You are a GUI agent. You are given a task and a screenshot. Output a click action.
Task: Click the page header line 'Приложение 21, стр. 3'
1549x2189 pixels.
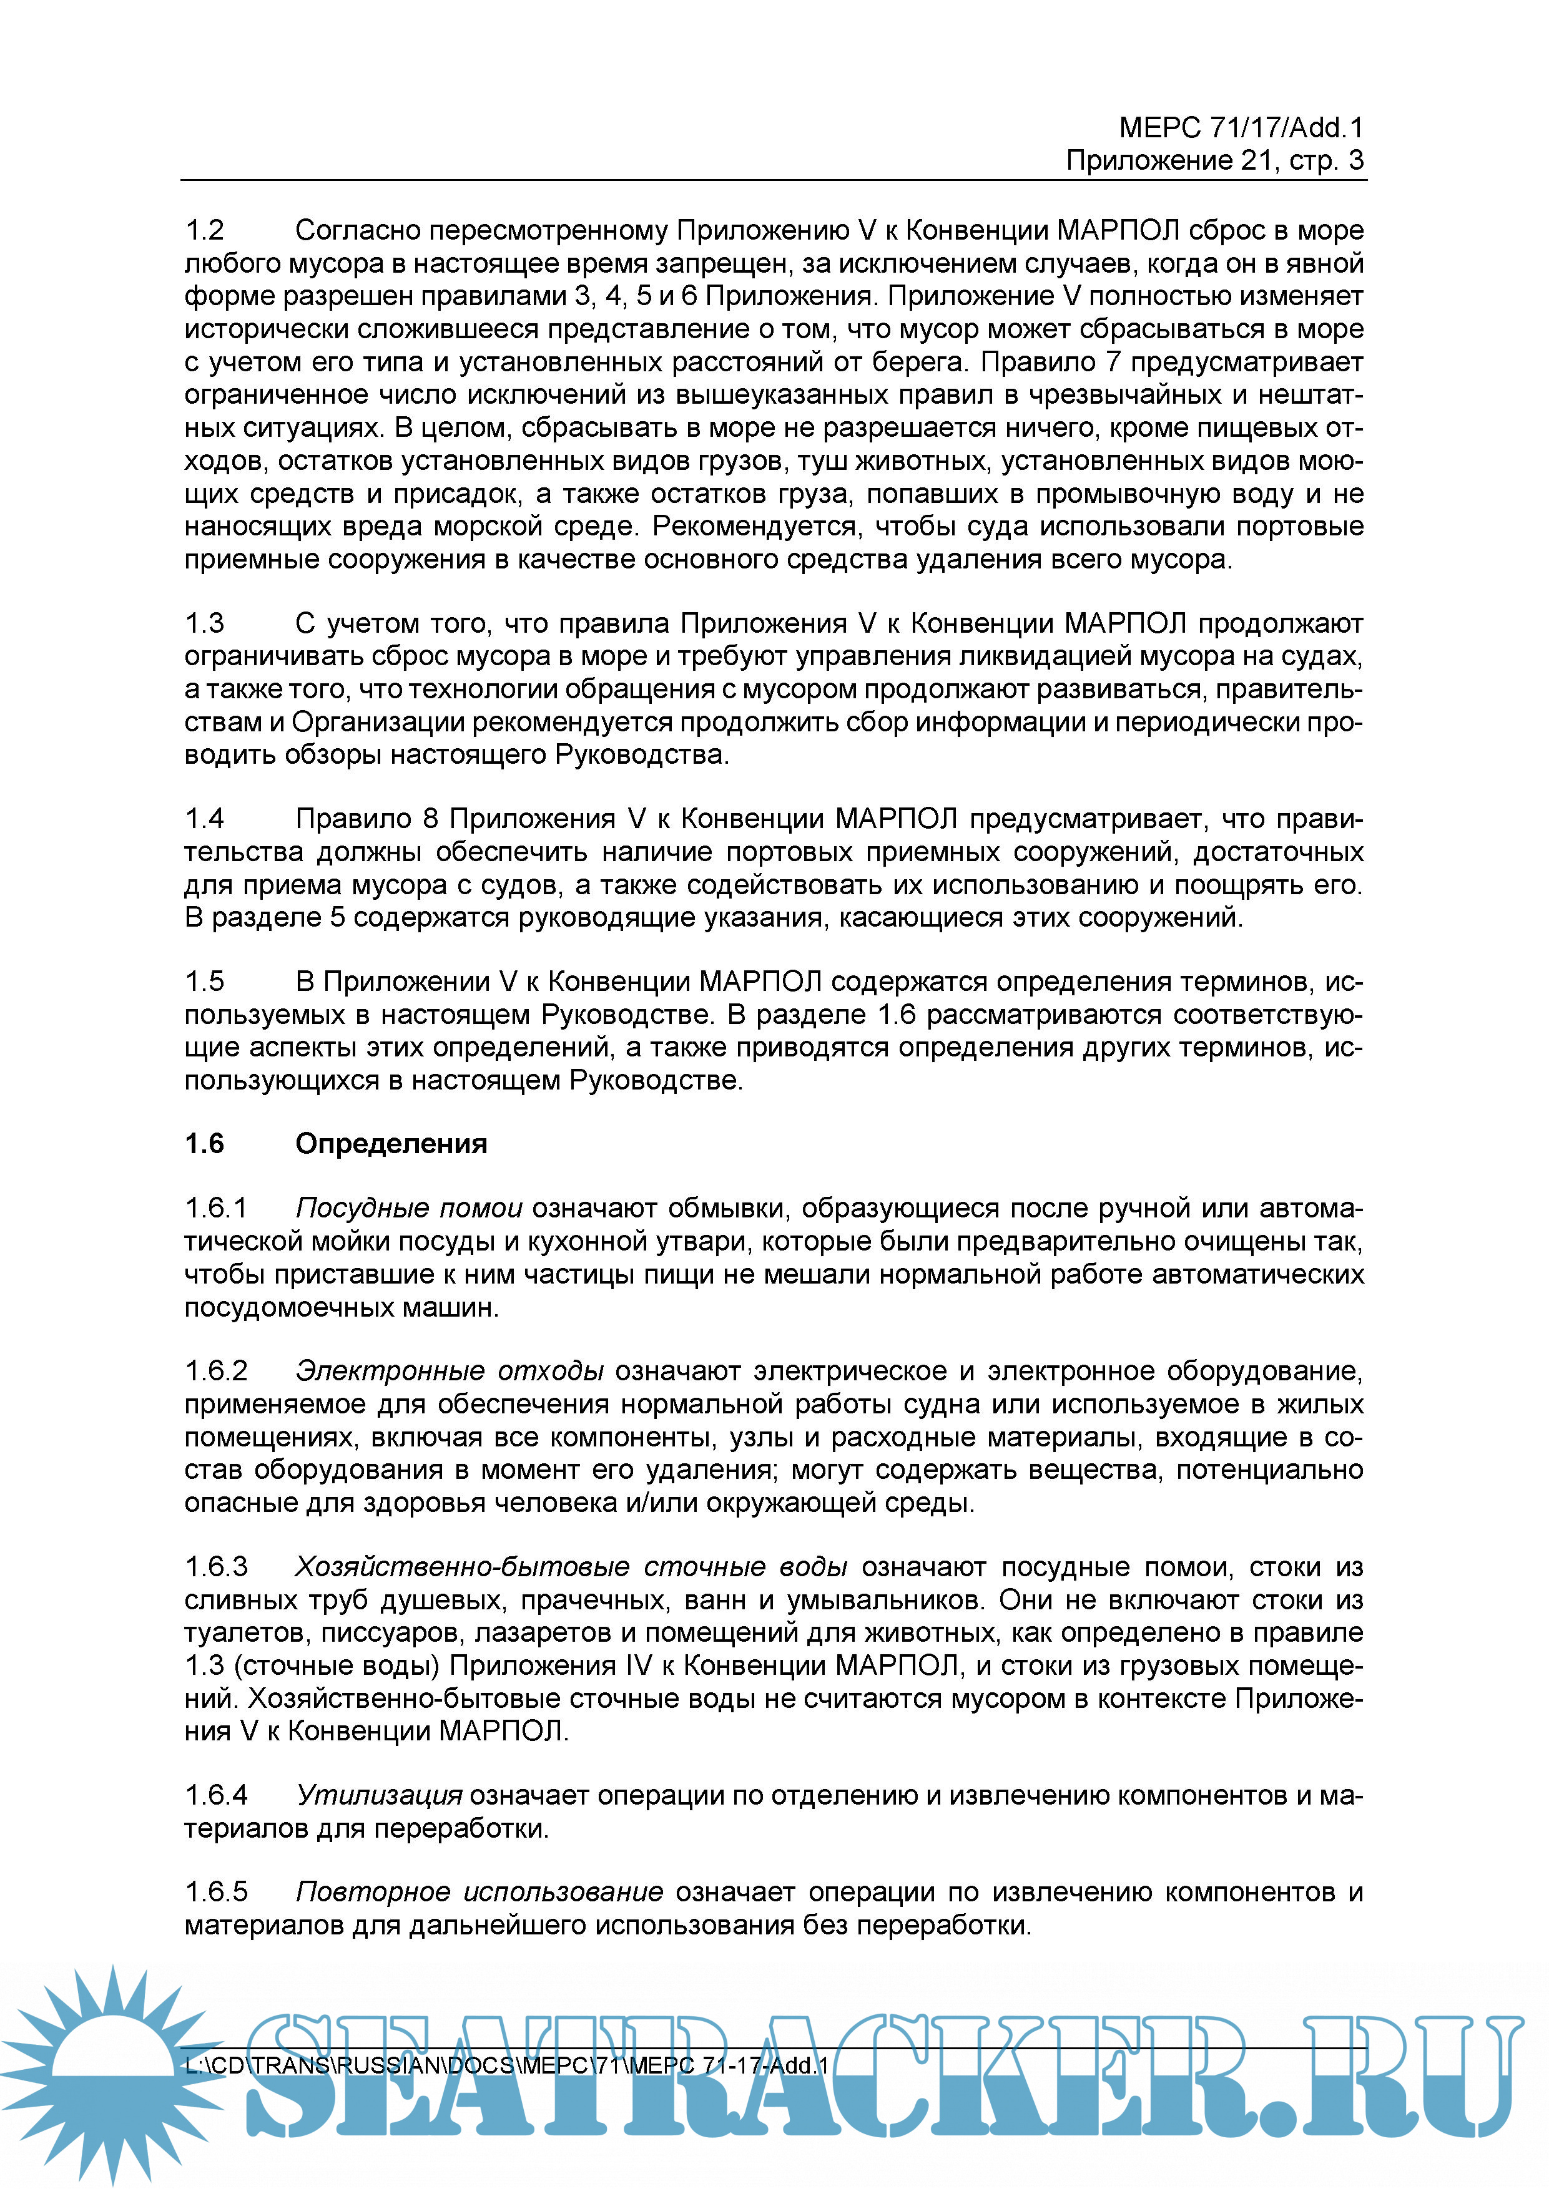tap(1214, 160)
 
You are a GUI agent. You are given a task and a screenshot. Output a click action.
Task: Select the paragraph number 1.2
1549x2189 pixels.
tap(204, 231)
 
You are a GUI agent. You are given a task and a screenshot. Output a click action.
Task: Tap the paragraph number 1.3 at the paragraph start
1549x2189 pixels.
tap(204, 623)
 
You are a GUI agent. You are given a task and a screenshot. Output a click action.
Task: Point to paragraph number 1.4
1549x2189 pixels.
tap(204, 819)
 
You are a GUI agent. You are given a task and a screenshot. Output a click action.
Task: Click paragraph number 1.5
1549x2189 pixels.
tap(204, 982)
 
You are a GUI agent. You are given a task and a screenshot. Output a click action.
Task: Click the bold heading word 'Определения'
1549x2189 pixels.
tap(391, 1144)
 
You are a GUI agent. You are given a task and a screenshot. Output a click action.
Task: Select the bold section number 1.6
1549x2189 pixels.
tap(204, 1144)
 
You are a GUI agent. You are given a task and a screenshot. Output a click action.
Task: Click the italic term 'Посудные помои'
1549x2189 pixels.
tap(408, 1209)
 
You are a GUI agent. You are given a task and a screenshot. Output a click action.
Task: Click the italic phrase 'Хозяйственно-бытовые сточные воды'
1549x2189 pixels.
tap(571, 1567)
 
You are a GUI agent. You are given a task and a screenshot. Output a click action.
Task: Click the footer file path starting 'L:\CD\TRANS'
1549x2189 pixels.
tap(506, 2065)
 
